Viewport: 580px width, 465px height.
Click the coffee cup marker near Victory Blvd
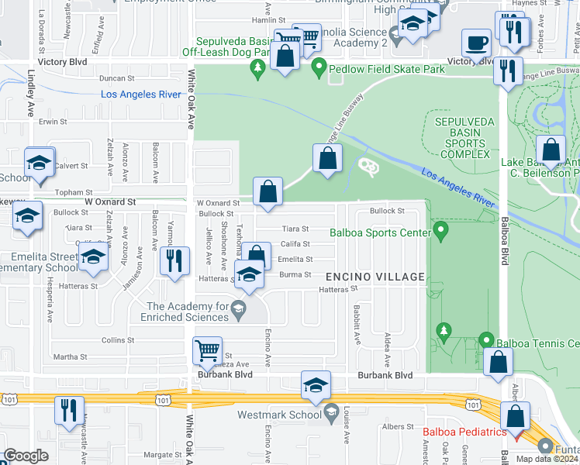pyautogui.click(x=476, y=43)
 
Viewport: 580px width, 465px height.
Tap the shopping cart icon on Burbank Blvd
pyautogui.click(x=207, y=351)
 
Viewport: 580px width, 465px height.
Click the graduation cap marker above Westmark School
pyautogui.click(x=316, y=386)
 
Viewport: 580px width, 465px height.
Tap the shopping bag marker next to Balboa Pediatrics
pyautogui.click(x=515, y=416)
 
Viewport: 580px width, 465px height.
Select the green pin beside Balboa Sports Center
pyautogui.click(x=441, y=231)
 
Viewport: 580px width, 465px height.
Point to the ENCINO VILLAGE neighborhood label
pyautogui.click(x=375, y=277)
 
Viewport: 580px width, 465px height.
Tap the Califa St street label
pyautogui.click(x=295, y=244)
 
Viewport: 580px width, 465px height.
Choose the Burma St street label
pyautogui.click(x=295, y=274)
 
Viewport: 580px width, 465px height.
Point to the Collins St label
pyautogui.click(x=118, y=339)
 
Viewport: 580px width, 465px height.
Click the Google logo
pyautogui.click(x=26, y=456)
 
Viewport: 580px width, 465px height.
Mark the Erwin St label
pyautogui.click(x=54, y=122)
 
